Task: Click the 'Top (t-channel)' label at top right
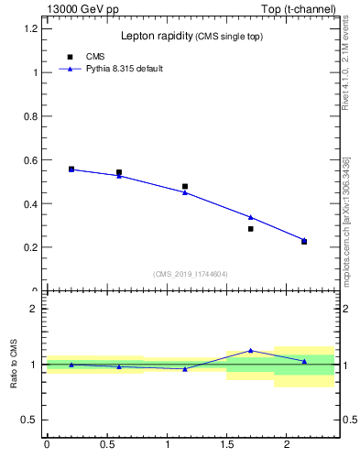pyautogui.click(x=297, y=9)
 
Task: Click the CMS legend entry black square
pyautogui.click(x=71, y=57)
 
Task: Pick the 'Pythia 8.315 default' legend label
pyautogui.click(x=124, y=69)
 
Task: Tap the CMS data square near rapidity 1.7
pyautogui.click(x=250, y=229)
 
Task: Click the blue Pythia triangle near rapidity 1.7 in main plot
pyautogui.click(x=250, y=217)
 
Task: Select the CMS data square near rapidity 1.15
pyautogui.click(x=185, y=186)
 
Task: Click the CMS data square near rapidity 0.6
pyautogui.click(x=119, y=172)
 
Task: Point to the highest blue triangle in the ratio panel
pyautogui.click(x=250, y=350)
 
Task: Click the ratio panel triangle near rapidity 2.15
pyautogui.click(x=304, y=361)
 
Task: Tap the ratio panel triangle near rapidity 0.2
pyautogui.click(x=71, y=365)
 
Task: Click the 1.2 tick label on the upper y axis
pyautogui.click(x=29, y=28)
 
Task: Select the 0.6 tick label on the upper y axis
pyautogui.click(x=29, y=159)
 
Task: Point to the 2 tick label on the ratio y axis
pyautogui.click(x=33, y=309)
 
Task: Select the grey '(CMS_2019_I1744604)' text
pyautogui.click(x=191, y=274)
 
